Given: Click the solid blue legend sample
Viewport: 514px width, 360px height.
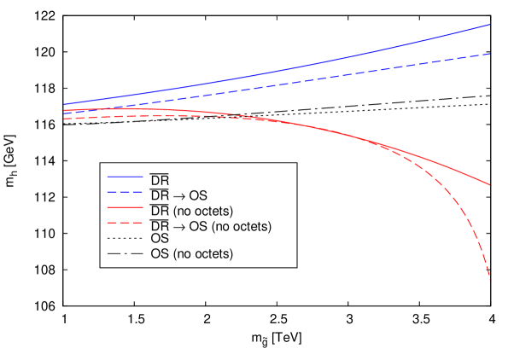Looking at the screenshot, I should [125, 177].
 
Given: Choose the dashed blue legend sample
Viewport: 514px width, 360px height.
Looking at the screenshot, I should [125, 192].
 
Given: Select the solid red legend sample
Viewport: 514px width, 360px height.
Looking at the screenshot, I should [125, 207].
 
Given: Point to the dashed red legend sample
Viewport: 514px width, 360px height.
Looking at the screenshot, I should [125, 223].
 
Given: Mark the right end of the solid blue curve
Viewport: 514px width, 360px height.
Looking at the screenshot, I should [489, 25].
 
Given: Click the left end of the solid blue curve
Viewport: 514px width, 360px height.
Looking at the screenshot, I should [64, 104].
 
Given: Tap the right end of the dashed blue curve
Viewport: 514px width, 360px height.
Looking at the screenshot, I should [489, 54].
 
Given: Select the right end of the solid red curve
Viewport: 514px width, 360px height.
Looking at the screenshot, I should [489, 184].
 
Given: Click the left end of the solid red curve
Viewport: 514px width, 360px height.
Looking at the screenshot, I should [64, 110].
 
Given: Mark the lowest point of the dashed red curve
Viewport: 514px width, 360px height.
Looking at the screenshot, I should [490, 279].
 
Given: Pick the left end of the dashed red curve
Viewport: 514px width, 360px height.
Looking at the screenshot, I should [64, 119].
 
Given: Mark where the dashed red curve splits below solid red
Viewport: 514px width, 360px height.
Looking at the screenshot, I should [376, 143].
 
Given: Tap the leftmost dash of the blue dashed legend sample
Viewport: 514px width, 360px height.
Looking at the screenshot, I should [111, 192].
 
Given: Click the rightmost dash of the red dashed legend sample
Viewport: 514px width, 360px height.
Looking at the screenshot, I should [138, 223].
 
